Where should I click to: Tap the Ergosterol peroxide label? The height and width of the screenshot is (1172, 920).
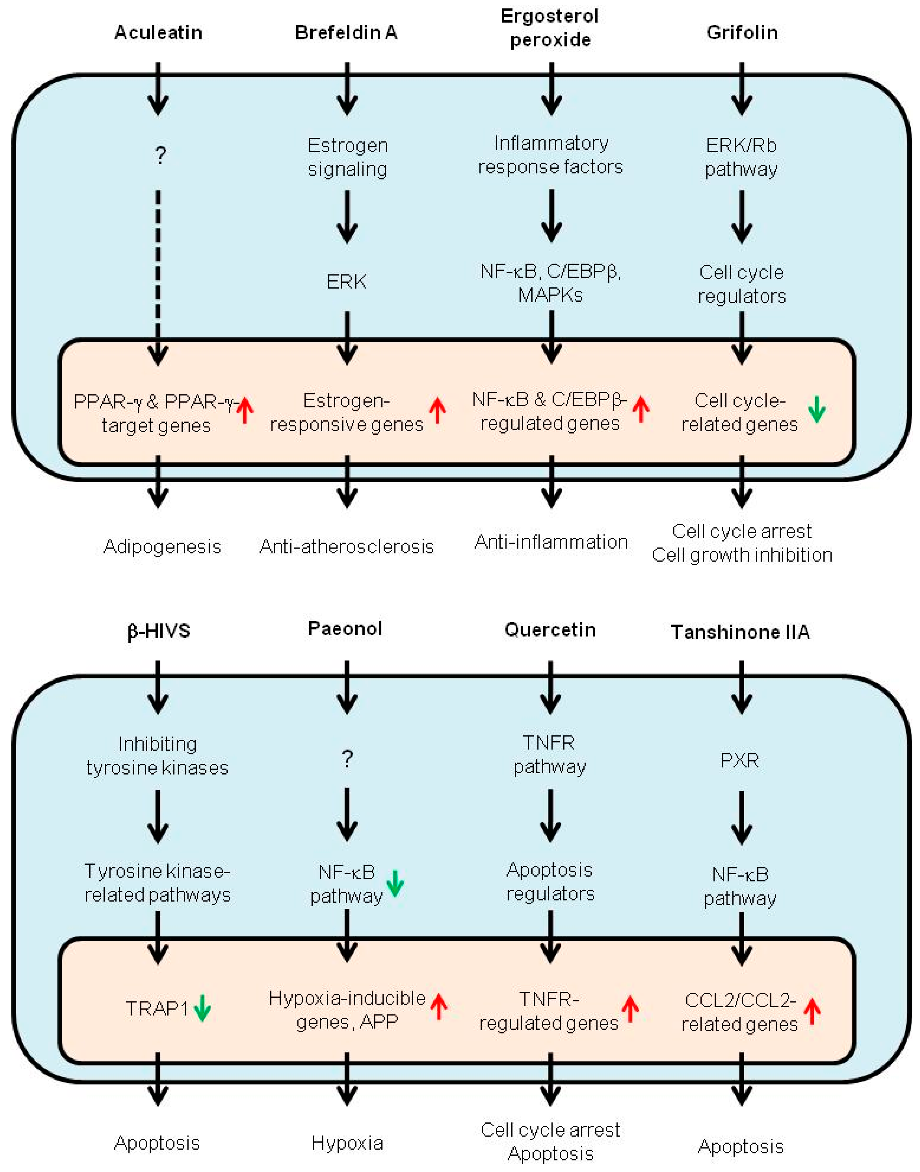tap(550, 28)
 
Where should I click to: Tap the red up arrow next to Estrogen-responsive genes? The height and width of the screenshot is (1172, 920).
tap(437, 410)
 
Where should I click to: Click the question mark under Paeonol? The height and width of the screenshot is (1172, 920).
tap(347, 759)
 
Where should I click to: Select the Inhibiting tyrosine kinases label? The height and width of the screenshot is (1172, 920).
tap(157, 756)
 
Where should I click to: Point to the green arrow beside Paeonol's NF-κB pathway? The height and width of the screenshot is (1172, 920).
tap(395, 884)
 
